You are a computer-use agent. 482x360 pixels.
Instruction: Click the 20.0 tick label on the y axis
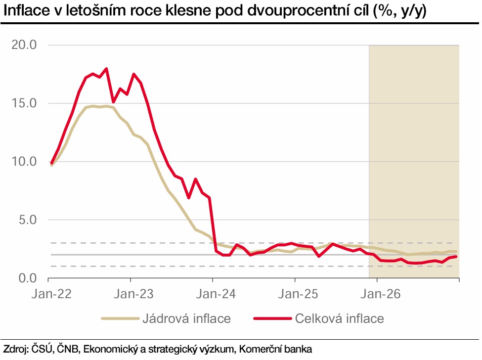click(24, 45)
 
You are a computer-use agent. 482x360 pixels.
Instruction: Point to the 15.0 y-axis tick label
click(24, 103)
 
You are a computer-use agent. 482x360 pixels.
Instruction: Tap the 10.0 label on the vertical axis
click(24, 162)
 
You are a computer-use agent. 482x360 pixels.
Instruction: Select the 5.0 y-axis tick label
click(28, 220)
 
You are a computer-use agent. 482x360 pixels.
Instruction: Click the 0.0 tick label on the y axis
click(28, 278)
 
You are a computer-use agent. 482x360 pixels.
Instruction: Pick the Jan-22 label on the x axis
click(51, 293)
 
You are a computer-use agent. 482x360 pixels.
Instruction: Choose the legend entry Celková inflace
click(340, 318)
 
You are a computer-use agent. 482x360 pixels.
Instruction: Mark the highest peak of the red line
click(106, 69)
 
